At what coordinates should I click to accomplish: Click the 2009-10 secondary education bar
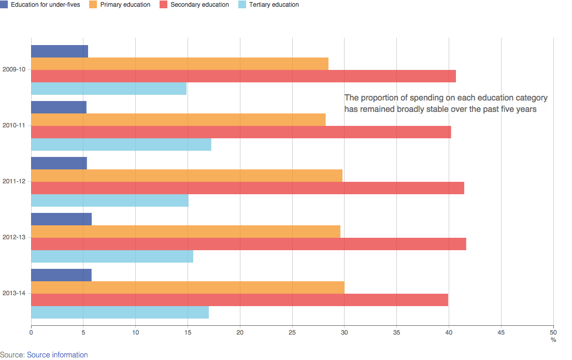tap(244, 76)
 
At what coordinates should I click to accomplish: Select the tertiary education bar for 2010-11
tap(121, 145)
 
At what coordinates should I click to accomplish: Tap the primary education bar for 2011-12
tap(187, 176)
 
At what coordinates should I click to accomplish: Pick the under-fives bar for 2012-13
tap(61, 219)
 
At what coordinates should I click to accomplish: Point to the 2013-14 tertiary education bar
tap(120, 312)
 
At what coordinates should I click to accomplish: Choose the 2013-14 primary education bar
tap(188, 287)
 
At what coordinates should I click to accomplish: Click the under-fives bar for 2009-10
tap(60, 51)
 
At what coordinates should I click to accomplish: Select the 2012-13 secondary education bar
tap(249, 244)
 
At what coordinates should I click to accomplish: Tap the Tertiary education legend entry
tap(269, 5)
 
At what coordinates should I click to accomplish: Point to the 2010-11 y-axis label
tap(13, 125)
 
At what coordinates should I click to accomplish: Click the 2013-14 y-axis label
tap(13, 294)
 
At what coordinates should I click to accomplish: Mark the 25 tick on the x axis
tap(292, 332)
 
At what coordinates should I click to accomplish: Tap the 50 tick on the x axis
tap(553, 332)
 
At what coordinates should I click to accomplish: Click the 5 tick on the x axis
tap(83, 332)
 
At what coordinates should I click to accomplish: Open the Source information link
tap(57, 355)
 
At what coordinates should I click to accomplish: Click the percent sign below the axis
tap(553, 340)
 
